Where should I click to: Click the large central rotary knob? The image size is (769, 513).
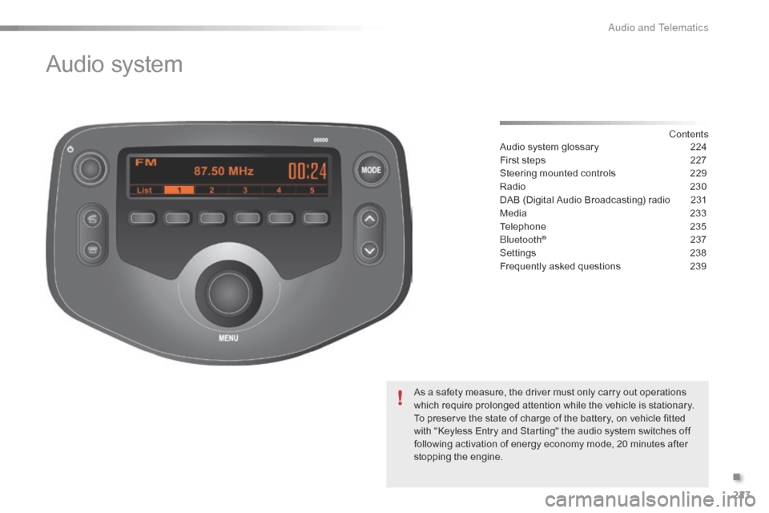tap(228, 293)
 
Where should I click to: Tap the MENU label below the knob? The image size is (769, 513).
tap(228, 338)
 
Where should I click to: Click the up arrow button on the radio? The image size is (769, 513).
tap(369, 219)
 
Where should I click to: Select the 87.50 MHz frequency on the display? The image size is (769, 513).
tap(223, 172)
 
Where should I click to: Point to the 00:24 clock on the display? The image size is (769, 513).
tap(307, 172)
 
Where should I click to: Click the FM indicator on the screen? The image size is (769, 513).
tap(146, 163)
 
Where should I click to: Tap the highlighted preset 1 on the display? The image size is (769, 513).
tap(179, 190)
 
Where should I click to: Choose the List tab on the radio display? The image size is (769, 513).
tap(144, 190)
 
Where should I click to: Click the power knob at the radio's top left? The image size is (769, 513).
tap(91, 168)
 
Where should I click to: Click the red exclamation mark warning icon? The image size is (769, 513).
tap(401, 397)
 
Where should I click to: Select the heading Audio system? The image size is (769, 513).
tap(115, 64)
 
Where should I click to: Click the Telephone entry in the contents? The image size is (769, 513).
tap(523, 226)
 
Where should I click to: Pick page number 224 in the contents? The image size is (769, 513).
tap(698, 147)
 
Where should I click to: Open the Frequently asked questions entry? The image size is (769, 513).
tap(560, 266)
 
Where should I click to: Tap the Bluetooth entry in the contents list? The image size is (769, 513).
tap(523, 240)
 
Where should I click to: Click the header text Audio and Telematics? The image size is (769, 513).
tap(658, 27)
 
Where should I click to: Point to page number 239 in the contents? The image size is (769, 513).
tap(698, 266)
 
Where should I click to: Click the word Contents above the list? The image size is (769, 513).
tap(689, 134)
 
